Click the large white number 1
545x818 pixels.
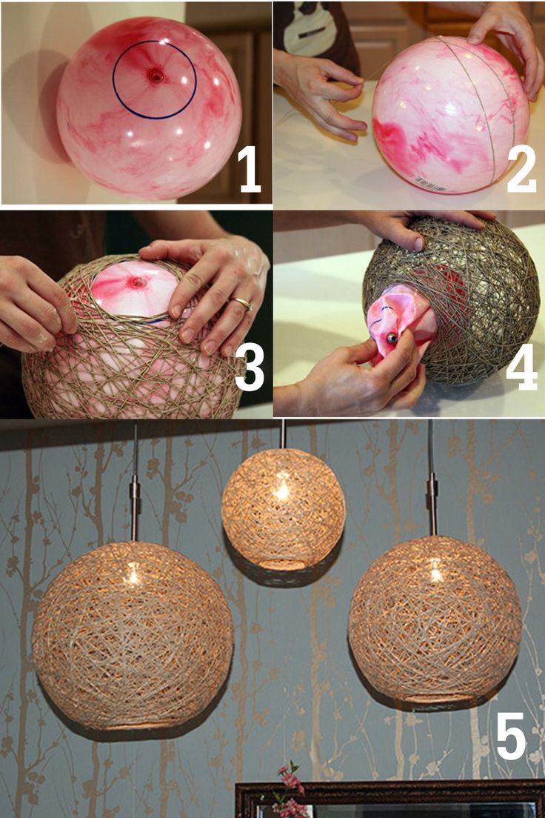tap(250, 168)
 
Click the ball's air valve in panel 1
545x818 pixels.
tap(156, 76)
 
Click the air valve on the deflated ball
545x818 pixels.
tap(391, 339)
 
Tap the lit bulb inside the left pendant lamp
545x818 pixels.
tap(133, 575)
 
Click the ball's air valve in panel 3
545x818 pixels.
tap(138, 283)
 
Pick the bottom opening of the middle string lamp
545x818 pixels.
tap(281, 565)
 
